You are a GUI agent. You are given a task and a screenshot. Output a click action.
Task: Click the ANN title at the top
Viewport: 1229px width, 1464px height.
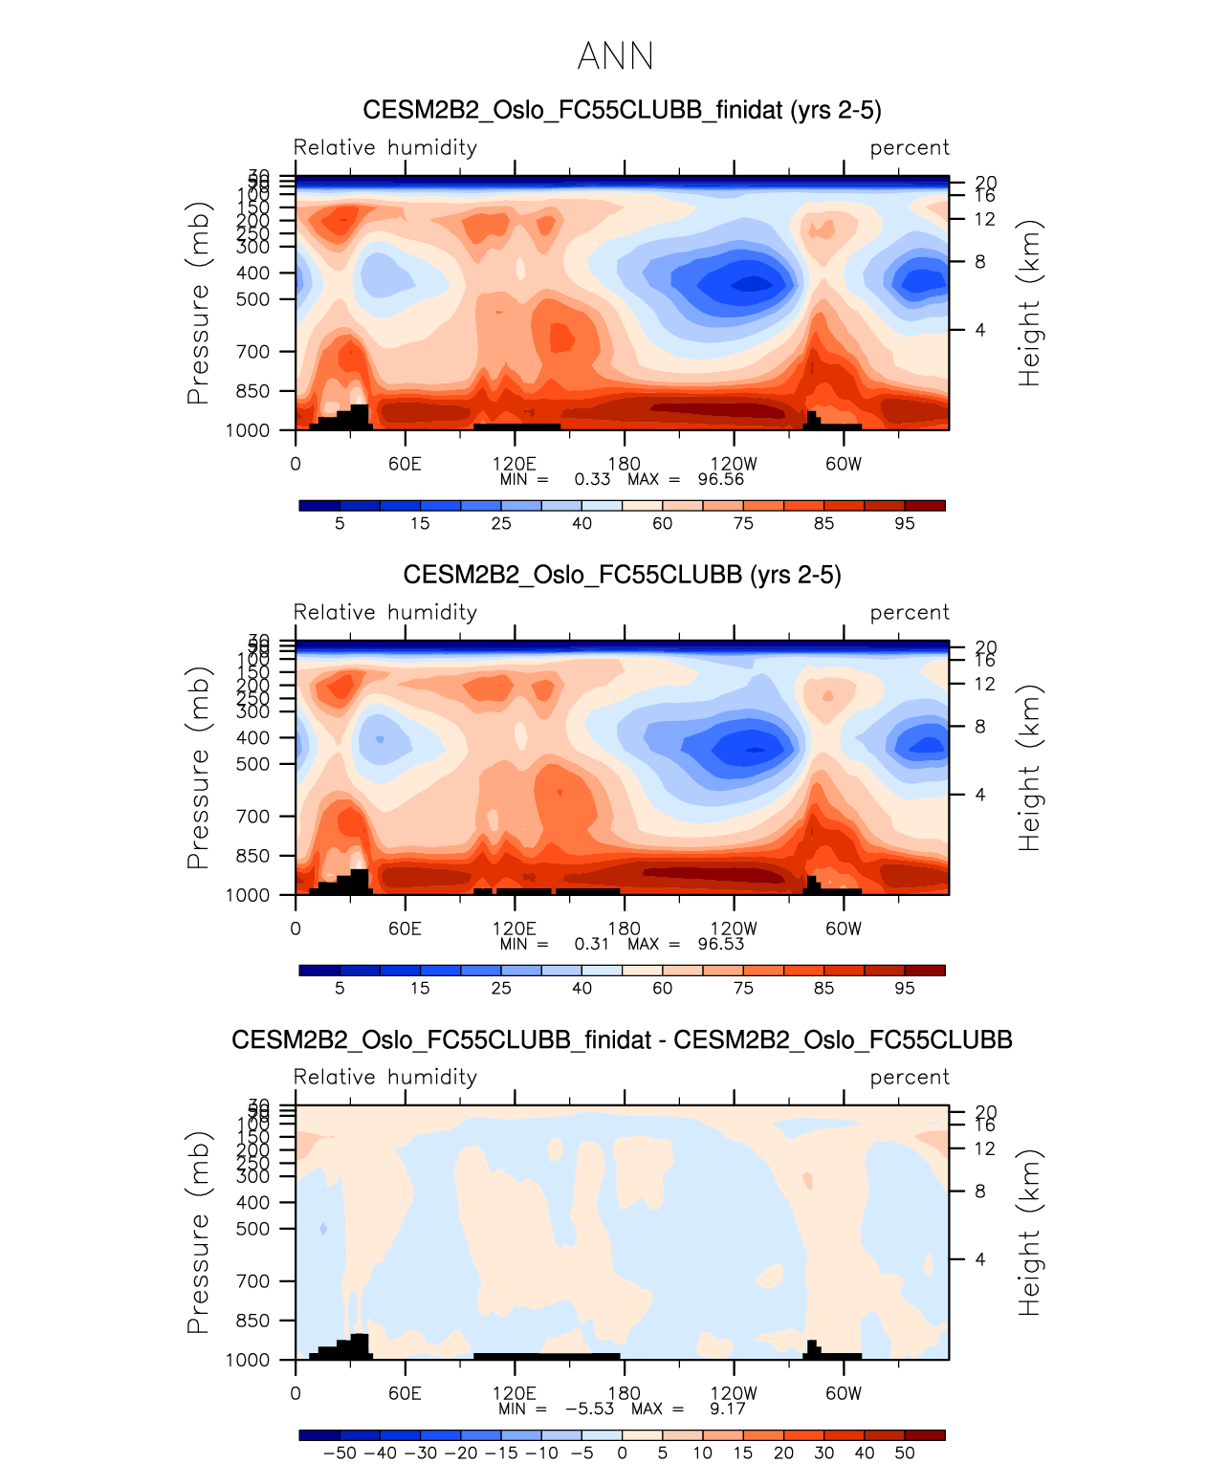615,56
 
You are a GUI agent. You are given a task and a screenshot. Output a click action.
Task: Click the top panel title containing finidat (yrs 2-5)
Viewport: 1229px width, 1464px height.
622,110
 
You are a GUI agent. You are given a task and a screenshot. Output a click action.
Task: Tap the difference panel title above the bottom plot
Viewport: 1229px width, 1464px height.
622,1039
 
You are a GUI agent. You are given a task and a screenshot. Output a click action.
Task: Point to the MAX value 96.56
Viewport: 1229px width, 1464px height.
720,479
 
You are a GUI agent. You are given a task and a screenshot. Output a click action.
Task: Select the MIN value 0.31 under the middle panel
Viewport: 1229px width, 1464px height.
591,944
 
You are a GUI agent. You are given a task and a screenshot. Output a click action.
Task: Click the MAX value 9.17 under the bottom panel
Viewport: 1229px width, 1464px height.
728,1409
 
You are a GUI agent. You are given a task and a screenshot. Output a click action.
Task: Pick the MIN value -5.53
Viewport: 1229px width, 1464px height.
589,1409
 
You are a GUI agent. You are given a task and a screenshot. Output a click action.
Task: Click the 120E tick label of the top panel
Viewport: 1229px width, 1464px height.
515,464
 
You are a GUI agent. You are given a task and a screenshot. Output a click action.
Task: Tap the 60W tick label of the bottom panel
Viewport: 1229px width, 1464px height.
844,1393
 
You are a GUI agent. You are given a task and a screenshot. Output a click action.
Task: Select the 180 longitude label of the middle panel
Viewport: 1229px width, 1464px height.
625,929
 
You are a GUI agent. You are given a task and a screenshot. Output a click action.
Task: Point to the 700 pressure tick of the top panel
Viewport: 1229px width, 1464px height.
252,352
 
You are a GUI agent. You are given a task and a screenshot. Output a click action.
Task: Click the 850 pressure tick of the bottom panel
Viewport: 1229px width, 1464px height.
252,1321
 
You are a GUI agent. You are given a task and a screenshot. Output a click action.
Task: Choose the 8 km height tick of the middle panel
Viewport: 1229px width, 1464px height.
980,727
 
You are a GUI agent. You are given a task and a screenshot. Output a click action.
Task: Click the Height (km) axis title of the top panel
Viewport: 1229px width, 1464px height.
1029,303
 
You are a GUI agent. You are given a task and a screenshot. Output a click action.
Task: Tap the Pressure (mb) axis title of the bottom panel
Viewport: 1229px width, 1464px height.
198,1233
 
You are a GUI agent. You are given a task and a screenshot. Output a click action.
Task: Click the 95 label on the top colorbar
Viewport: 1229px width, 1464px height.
905,523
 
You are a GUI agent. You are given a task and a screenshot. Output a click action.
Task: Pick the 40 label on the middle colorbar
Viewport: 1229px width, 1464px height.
582,988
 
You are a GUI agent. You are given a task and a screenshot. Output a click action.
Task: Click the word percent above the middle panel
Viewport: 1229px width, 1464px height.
910,612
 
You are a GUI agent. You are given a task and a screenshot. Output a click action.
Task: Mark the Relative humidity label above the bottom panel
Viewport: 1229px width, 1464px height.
384,1077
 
